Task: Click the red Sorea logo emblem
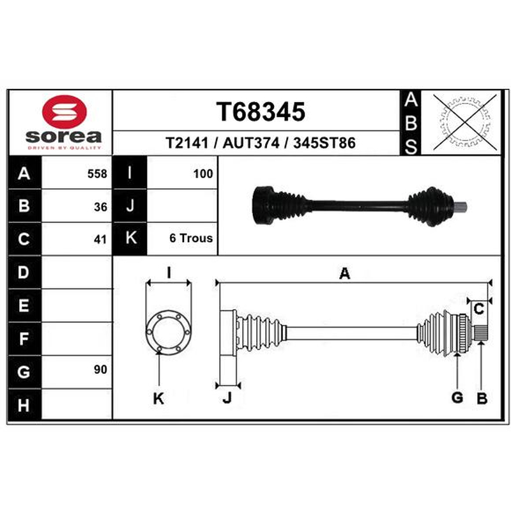coord(65,111)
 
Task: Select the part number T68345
coord(261,112)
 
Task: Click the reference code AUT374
coord(251,143)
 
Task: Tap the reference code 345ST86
coord(324,143)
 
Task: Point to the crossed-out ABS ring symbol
coord(465,123)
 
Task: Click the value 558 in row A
coord(97,174)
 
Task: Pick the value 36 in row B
coord(100,207)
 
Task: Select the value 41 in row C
coord(100,240)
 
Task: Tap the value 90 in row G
coord(100,370)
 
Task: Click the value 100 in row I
coord(203,174)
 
